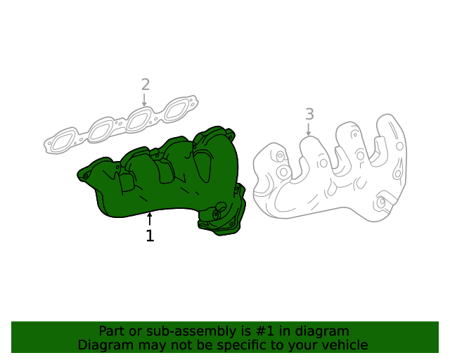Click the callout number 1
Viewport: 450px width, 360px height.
[x=150, y=236]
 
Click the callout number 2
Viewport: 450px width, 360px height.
[x=145, y=84]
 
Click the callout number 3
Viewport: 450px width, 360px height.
[x=309, y=114]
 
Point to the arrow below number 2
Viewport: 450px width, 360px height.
[x=144, y=100]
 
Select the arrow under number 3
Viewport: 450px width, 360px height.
[x=309, y=129]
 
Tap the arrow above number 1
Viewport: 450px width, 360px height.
[x=149, y=219]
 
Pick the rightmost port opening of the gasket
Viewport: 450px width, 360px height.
[x=175, y=110]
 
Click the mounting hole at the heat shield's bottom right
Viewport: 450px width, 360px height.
[x=381, y=202]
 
